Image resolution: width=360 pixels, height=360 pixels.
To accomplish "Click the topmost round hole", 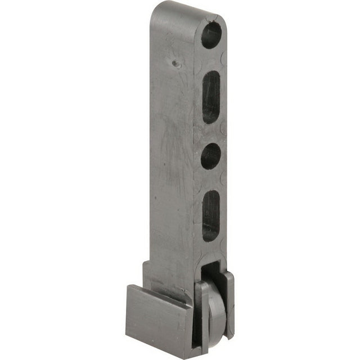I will [211, 35].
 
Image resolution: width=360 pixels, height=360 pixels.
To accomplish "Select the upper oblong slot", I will [211, 97].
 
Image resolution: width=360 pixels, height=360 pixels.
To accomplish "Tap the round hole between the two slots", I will [210, 156].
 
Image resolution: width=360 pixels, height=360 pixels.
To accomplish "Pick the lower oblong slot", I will [211, 215].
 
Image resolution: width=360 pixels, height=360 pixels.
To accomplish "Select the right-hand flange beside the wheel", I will [229, 304].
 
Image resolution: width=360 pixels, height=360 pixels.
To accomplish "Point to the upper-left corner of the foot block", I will [128, 286].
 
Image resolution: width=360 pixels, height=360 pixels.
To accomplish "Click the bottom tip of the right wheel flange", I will [231, 337].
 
